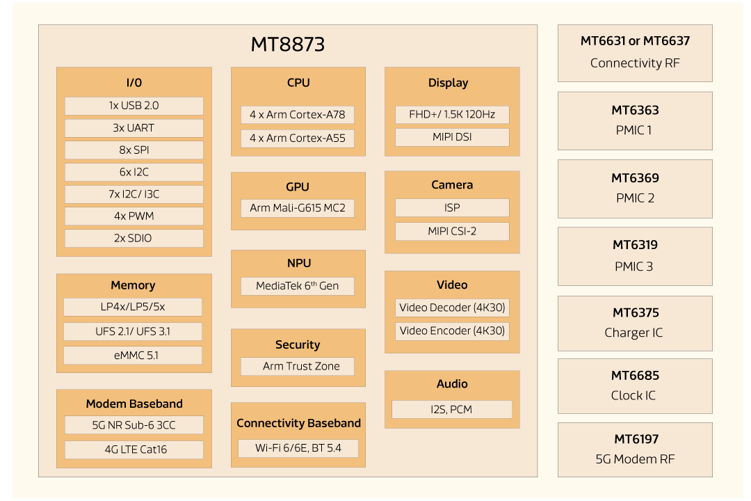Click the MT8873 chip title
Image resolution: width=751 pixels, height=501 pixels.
tap(287, 45)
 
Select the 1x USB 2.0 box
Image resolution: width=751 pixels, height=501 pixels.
tap(134, 106)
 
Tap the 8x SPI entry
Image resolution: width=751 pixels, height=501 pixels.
tap(134, 150)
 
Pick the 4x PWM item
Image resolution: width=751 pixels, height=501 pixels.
tap(134, 216)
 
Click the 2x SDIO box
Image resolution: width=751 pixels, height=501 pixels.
tap(134, 239)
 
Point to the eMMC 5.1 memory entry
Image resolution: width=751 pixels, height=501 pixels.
tap(132, 356)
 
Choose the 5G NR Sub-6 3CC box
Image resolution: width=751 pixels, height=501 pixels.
tap(134, 425)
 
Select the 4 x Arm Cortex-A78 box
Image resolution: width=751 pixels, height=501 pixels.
tap(297, 115)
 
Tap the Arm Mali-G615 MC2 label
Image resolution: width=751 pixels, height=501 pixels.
tap(297, 208)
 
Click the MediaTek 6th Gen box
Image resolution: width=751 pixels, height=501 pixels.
tap(297, 286)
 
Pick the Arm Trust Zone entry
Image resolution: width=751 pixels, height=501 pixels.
tap(297, 367)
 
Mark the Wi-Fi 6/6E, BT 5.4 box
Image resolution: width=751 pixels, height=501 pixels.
tap(298, 448)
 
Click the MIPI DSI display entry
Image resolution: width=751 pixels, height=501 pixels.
tap(452, 137)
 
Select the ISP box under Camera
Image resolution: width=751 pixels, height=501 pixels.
tap(452, 208)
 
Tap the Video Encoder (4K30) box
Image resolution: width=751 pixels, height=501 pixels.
tap(452, 331)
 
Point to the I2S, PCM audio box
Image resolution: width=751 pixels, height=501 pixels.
tap(451, 410)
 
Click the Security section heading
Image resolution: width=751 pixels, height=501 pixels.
tap(297, 345)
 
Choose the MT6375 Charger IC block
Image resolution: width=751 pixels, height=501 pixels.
tap(634, 323)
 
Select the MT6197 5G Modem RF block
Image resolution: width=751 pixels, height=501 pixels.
tap(634, 450)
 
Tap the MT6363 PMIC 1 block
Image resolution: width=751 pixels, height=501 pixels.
tap(634, 120)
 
